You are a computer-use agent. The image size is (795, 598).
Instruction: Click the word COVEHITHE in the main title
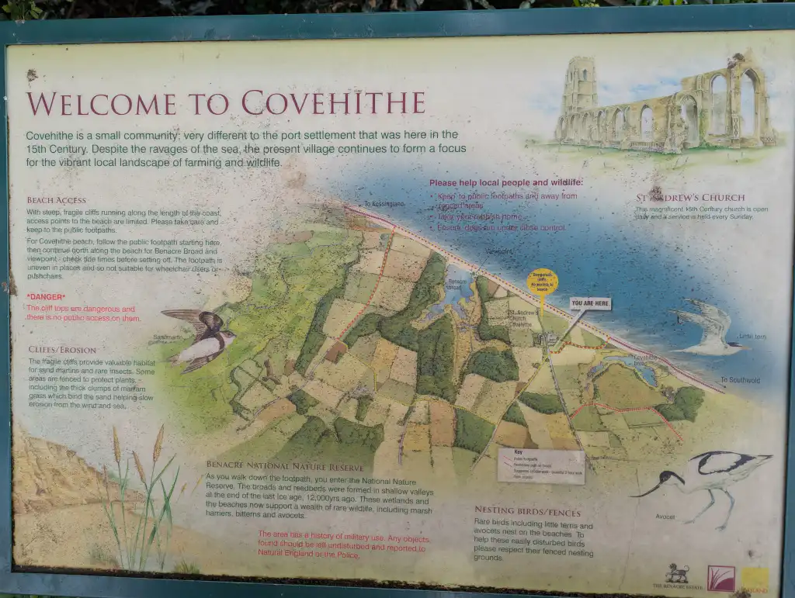333,103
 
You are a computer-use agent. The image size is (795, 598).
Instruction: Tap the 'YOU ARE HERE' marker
590,303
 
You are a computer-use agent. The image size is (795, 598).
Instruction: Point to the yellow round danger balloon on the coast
542,282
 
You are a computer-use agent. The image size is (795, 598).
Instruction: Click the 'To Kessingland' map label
384,204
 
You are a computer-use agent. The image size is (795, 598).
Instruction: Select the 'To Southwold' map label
740,380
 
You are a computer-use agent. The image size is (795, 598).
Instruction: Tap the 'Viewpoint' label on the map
498,251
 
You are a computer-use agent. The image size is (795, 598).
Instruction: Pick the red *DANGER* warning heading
46,297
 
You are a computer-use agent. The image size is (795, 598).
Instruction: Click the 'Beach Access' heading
56,200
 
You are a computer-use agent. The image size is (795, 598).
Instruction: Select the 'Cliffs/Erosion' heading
63,350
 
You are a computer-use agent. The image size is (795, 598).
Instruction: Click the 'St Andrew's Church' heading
690,198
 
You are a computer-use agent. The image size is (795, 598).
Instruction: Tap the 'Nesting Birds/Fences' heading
527,510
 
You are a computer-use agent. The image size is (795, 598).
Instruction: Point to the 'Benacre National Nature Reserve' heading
285,465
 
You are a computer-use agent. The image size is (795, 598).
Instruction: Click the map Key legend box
540,465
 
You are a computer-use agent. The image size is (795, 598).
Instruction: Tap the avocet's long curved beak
646,489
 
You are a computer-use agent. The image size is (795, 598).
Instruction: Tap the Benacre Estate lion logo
676,575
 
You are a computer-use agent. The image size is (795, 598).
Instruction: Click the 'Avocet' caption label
665,517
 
